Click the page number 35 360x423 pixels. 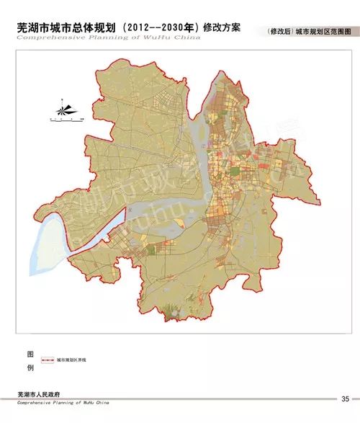coord(345,398)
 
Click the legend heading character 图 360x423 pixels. coord(30,355)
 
